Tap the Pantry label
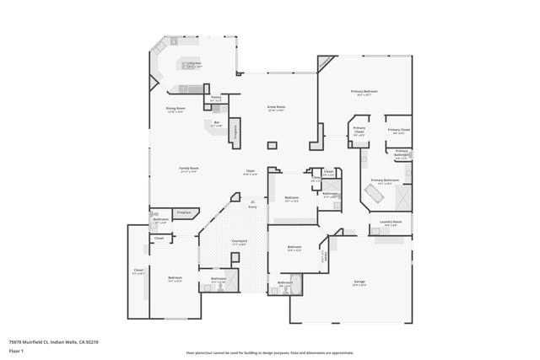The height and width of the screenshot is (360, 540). click(216, 99)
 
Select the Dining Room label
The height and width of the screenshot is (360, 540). click(175, 110)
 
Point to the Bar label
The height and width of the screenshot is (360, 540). click(216, 125)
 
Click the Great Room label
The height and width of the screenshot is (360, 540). click(276, 108)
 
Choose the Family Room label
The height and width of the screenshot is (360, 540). click(188, 169)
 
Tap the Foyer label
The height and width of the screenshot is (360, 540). click(251, 173)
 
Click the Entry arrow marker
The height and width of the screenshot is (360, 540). click(252, 201)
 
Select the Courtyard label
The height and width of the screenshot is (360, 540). click(239, 243)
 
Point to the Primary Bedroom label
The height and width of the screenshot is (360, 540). click(364, 93)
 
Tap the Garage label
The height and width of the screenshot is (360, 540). click(359, 283)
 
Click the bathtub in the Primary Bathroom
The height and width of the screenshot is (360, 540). click(374, 194)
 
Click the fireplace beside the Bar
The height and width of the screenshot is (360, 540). click(235, 132)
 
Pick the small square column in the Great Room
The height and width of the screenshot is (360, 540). click(272, 146)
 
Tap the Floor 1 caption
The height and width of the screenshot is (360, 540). click(16, 350)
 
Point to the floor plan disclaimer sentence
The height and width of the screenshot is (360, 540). click(269, 353)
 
